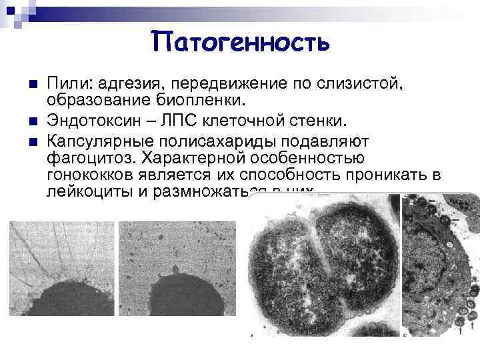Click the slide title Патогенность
(240, 42)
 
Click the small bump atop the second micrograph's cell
(177, 269)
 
